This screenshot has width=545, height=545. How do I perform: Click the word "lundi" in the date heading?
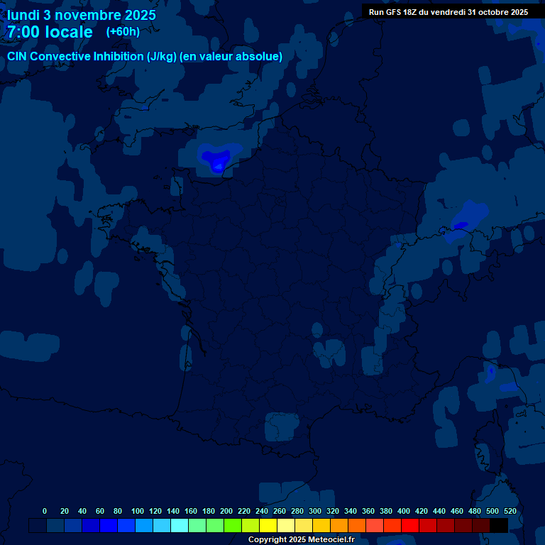pyautogui.click(x=23, y=15)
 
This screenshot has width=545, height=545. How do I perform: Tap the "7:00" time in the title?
pyautogui.click(x=26, y=32)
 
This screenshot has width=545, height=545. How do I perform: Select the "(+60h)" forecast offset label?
pyautogui.click(x=123, y=32)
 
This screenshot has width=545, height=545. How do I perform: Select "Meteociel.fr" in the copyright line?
pyautogui.click(x=331, y=540)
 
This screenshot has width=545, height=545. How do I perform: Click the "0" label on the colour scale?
pyautogui.click(x=45, y=511)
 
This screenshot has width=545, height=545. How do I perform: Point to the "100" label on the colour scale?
pyautogui.click(x=138, y=511)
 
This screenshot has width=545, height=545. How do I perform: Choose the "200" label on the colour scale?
pyautogui.click(x=226, y=511)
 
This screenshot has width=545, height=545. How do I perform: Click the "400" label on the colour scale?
pyautogui.click(x=404, y=511)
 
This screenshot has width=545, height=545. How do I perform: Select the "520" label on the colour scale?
pyautogui.click(x=510, y=511)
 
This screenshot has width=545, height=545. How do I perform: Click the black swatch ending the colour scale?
pyautogui.click(x=499, y=525)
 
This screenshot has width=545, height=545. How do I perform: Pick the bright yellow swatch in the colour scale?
pyautogui.click(x=268, y=525)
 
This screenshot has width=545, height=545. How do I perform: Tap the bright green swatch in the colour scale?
pyautogui.click(x=233, y=525)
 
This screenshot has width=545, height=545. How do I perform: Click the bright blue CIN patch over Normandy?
pyautogui.click(x=215, y=158)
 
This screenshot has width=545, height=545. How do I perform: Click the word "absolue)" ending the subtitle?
pyautogui.click(x=260, y=57)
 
